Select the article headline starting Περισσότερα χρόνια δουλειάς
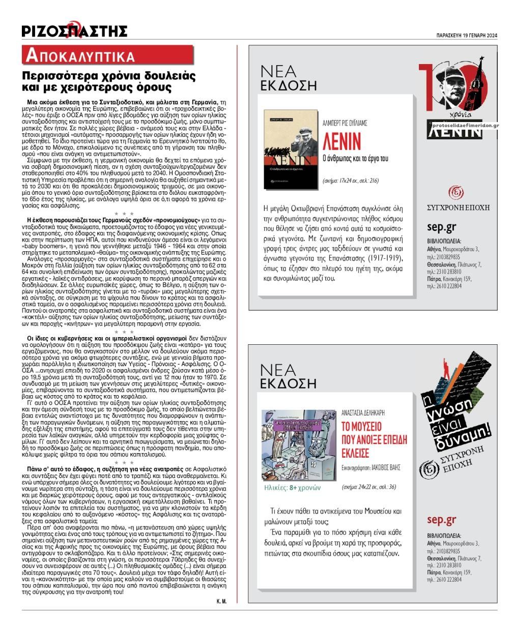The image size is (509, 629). (x=112, y=82)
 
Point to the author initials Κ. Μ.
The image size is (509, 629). (x=221, y=601)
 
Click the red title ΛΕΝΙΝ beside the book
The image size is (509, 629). (x=342, y=140)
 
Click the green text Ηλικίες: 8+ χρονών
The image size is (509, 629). (x=293, y=487)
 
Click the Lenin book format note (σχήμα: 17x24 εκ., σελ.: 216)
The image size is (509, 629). (x=351, y=181)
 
